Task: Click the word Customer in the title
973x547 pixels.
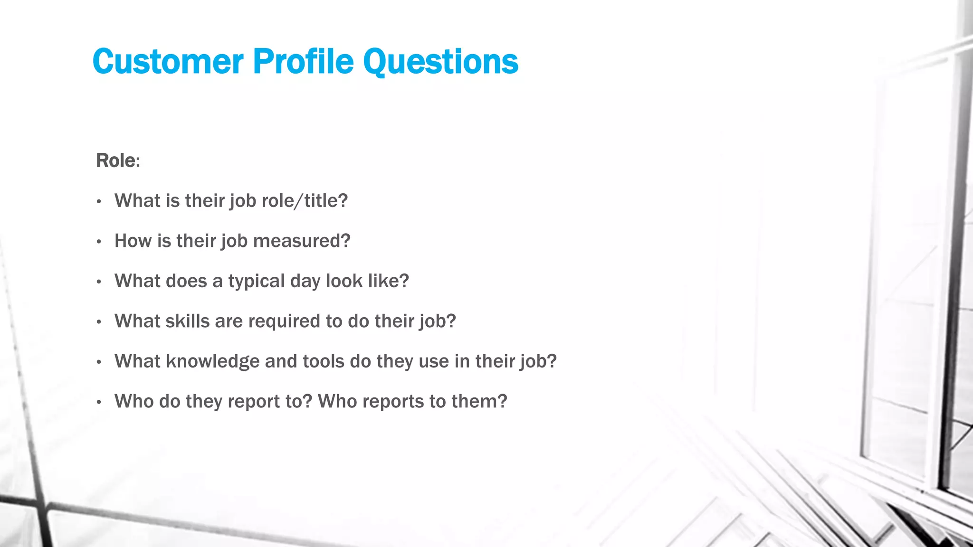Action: click(x=168, y=62)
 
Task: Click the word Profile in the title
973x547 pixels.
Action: click(x=303, y=62)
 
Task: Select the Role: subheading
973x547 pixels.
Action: click(x=118, y=160)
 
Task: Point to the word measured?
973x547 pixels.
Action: click(x=302, y=241)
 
